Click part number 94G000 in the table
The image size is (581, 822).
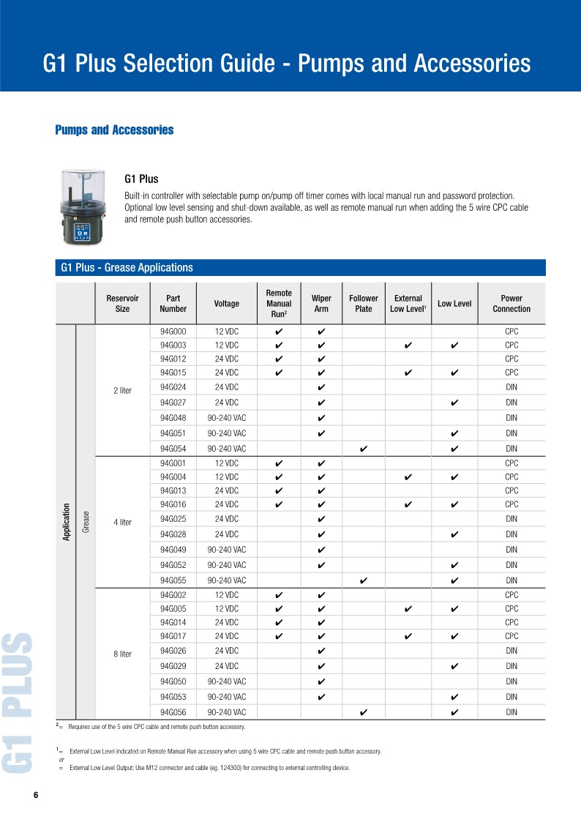[173, 332]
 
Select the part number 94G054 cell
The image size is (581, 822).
[173, 449]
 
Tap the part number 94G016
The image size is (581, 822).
[173, 504]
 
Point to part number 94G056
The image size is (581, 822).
[173, 712]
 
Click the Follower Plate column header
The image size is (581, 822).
[364, 304]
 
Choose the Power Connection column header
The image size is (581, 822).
[511, 304]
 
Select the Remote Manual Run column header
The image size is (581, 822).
[279, 304]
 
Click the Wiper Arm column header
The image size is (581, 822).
[321, 304]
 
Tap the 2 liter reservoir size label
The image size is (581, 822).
[122, 391]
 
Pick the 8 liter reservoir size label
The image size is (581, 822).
[122, 654]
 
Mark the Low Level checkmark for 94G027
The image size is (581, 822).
[454, 403]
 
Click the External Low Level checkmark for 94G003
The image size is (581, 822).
[408, 345]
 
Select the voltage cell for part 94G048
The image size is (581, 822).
[227, 418]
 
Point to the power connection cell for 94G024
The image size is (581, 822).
[511, 387]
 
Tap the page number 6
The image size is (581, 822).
[35, 796]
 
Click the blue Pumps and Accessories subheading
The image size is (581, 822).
[114, 130]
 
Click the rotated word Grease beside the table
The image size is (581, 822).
[86, 522]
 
